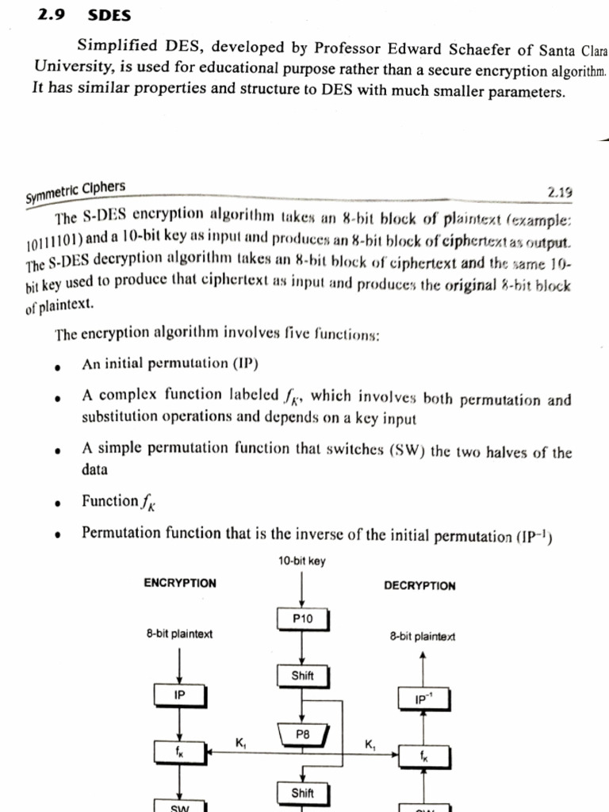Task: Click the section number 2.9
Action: coord(52,15)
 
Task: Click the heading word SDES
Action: coord(109,15)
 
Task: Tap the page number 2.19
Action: coord(560,191)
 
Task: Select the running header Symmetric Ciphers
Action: coord(75,191)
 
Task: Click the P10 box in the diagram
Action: coord(302,617)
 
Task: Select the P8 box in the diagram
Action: coord(302,735)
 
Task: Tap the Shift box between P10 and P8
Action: coord(302,676)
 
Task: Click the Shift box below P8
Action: coord(302,793)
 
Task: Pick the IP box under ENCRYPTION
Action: coord(180,695)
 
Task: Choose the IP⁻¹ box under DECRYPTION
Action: coord(423,699)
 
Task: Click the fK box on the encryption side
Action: coord(180,750)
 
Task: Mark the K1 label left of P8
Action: coord(241,743)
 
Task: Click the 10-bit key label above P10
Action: coord(301,561)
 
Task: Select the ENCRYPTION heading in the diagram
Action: coord(180,583)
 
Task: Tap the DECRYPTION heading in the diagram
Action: coord(419,585)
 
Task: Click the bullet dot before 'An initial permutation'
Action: coord(58,367)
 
